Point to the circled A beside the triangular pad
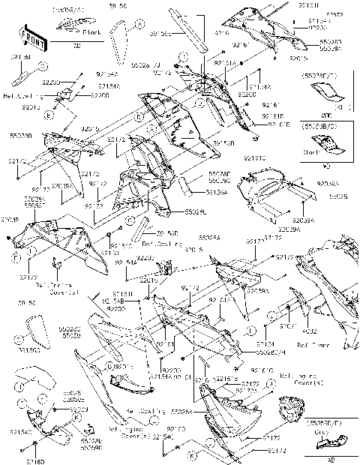(x=140, y=25)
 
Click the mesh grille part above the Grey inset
(x=291, y=411)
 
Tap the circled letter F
(x=16, y=256)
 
